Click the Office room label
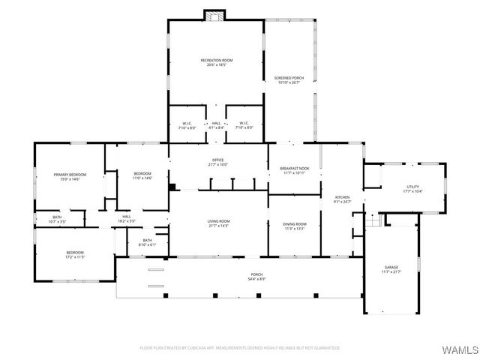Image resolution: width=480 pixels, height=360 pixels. click(217, 162)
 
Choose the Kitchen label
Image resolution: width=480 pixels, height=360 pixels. click(342, 198)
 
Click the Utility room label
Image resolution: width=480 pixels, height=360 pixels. click(412, 188)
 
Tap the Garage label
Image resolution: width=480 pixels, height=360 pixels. click(391, 268)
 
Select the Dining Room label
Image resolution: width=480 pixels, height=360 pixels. click(294, 226)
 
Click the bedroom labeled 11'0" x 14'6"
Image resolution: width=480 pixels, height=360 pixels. click(142, 175)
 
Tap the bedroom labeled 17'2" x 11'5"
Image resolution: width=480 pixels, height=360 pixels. click(75, 254)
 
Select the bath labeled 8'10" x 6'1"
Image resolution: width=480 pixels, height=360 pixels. click(148, 242)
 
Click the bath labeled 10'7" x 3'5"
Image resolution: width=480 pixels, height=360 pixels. click(57, 220)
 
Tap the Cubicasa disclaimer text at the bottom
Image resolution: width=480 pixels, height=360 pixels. click(240, 348)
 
